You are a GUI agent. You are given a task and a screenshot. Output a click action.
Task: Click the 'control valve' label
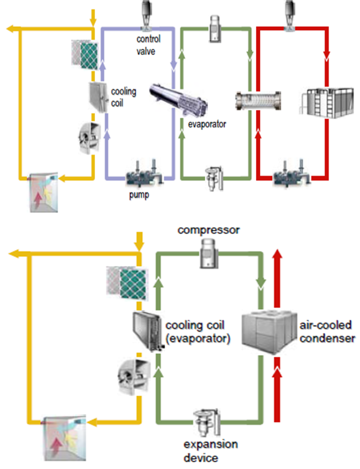[x=147, y=45]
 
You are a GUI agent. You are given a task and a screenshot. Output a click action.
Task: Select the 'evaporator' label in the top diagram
[x=207, y=124]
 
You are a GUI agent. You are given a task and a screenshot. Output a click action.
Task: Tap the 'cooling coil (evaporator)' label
[x=198, y=332]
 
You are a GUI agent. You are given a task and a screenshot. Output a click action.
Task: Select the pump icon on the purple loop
[x=142, y=172]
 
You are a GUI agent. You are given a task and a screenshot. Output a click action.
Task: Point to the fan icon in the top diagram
[x=90, y=134]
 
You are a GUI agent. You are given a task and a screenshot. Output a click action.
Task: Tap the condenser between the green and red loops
[x=255, y=99]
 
